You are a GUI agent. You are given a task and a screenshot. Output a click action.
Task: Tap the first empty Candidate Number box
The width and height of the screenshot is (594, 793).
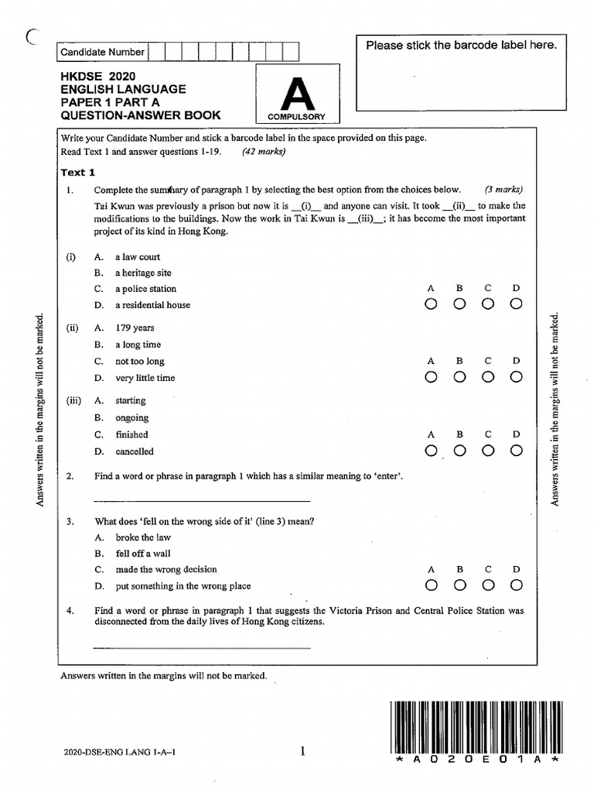(x=155, y=52)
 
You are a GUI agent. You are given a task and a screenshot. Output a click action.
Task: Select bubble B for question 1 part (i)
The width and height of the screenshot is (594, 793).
(x=459, y=305)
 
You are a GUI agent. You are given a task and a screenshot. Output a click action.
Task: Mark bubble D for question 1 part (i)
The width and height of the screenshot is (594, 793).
(x=516, y=305)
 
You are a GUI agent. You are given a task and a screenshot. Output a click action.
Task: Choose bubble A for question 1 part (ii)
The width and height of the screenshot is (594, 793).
(x=431, y=377)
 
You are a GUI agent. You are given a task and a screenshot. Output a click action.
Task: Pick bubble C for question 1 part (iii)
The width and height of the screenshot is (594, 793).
(x=488, y=451)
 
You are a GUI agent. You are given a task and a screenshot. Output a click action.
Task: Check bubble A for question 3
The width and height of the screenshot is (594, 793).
(x=431, y=585)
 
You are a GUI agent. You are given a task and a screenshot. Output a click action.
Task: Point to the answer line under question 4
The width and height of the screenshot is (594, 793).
(x=201, y=647)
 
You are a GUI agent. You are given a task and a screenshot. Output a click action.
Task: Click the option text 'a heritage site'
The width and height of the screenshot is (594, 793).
(x=143, y=273)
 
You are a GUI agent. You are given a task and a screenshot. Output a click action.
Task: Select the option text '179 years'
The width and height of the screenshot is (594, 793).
(x=135, y=328)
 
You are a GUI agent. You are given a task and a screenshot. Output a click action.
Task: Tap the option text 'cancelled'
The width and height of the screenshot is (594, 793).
(x=135, y=451)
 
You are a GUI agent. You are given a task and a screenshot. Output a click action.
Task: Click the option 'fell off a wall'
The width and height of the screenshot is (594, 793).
(x=143, y=554)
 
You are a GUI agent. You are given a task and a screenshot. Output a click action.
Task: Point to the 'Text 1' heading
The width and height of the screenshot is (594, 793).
(x=77, y=173)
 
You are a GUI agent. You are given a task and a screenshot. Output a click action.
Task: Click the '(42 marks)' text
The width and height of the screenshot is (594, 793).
(x=264, y=152)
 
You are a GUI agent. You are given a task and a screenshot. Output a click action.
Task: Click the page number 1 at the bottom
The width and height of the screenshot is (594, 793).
(x=303, y=750)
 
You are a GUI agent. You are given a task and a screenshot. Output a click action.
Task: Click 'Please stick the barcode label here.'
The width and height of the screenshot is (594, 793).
(x=461, y=46)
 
